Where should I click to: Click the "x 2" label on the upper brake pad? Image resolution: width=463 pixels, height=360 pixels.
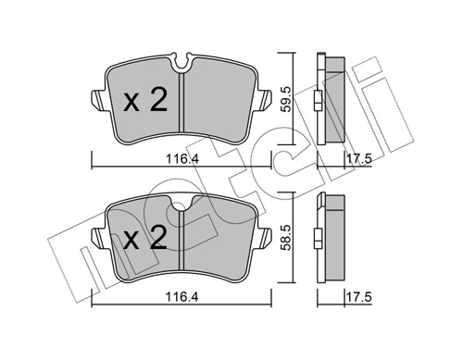145,100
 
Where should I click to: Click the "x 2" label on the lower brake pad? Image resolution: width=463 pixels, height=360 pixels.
145,241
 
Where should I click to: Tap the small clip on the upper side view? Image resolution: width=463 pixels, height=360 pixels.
318,102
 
